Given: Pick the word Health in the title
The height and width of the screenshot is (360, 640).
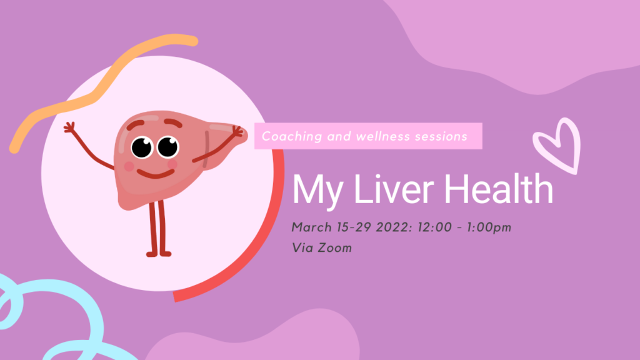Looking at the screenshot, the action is point(498,188).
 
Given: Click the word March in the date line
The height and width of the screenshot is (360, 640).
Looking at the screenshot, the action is point(311,227).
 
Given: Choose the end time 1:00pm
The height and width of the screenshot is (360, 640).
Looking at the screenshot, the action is point(489,227).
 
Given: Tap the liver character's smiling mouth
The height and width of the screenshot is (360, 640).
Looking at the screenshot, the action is point(156,174).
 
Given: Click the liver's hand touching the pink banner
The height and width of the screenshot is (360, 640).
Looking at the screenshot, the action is point(238,132).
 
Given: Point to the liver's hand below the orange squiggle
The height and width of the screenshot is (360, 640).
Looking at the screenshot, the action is point(70,127).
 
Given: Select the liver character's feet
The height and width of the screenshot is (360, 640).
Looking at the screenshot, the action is point(159,254).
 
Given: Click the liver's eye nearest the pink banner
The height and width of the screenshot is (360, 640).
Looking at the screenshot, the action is point(168,146).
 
